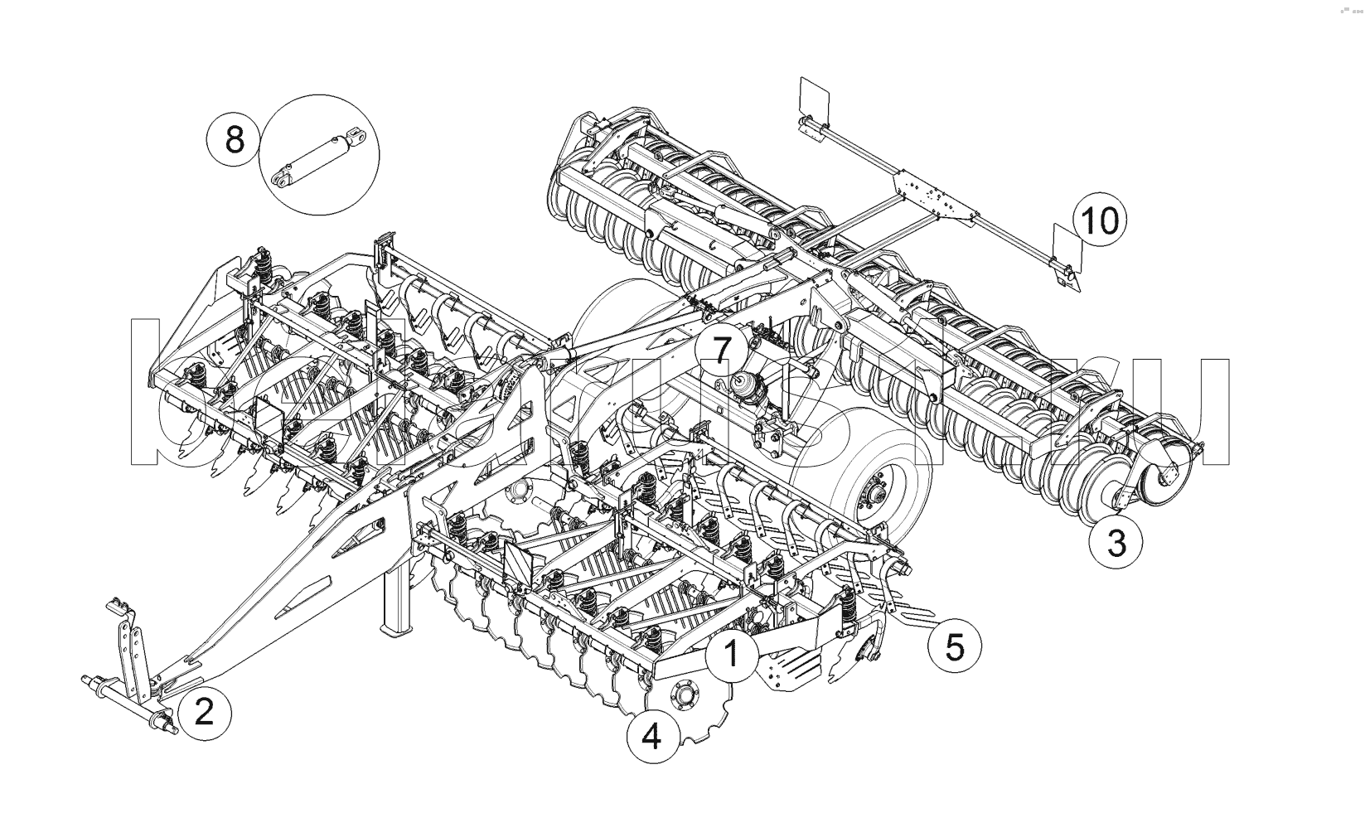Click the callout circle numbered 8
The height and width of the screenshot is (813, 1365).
235,139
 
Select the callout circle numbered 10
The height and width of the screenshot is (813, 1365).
1101,221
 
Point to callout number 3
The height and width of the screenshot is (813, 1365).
1116,544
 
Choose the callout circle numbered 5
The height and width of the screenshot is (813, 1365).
955,646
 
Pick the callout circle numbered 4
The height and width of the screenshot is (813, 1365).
651,736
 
